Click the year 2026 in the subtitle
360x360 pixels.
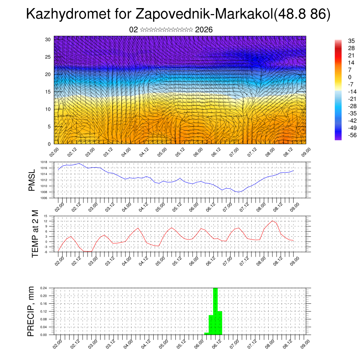pos(204,30)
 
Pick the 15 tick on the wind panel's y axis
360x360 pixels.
pos(48,92)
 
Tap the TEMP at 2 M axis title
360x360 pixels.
pos(35,233)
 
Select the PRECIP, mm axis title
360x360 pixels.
pos(32,311)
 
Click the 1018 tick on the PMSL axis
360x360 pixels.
pos(44,162)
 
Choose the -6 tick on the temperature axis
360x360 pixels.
pos(46,252)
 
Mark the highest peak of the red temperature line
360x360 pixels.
pos(273,220)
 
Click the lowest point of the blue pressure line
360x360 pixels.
pos(239,192)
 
